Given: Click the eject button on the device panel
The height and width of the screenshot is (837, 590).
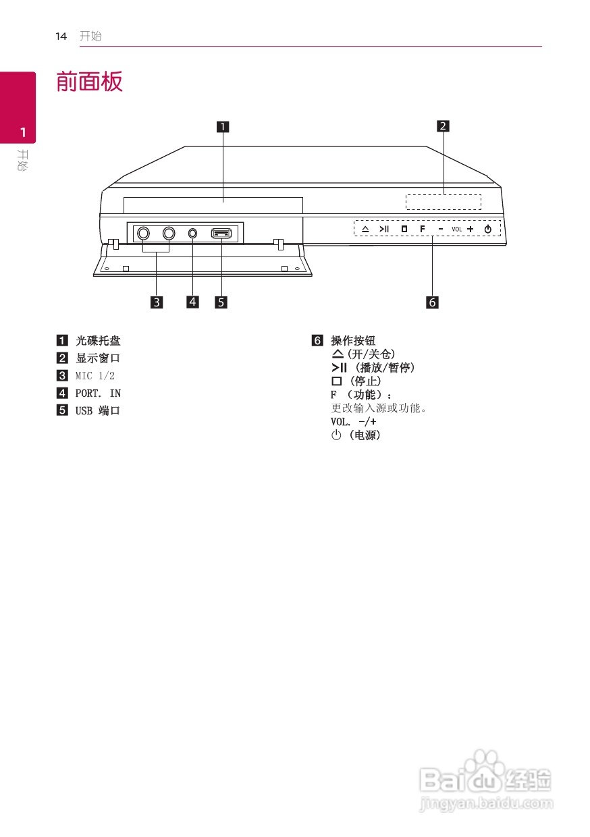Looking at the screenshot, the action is (x=365, y=229).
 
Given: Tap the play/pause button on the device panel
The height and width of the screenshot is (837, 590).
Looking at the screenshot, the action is (x=384, y=229).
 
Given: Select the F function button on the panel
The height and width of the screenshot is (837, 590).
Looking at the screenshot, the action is (x=422, y=229).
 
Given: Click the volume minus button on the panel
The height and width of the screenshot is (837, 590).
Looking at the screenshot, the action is (x=440, y=229).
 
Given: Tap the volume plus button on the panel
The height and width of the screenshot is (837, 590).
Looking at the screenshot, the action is (x=470, y=229).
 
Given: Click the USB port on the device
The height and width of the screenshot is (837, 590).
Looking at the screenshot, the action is (x=221, y=234).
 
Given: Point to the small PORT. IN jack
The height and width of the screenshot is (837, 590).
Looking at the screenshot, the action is (x=193, y=233).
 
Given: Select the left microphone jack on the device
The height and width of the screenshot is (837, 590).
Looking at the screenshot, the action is (x=143, y=233).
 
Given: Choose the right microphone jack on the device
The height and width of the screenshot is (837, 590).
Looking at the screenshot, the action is (x=169, y=233).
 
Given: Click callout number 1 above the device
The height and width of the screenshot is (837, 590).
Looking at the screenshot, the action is (x=222, y=126).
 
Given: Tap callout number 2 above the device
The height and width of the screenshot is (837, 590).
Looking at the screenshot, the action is (x=443, y=126).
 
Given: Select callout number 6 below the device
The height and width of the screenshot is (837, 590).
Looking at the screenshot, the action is (x=432, y=302).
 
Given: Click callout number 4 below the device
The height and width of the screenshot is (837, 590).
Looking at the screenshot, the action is (x=193, y=302).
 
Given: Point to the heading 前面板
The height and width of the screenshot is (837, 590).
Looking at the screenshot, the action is (x=89, y=82).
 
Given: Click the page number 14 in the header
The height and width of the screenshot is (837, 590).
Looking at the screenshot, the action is (x=61, y=36).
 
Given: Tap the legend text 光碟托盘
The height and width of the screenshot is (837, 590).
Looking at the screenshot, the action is (x=98, y=341).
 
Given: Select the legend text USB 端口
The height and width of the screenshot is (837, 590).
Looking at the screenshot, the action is (x=98, y=410).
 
